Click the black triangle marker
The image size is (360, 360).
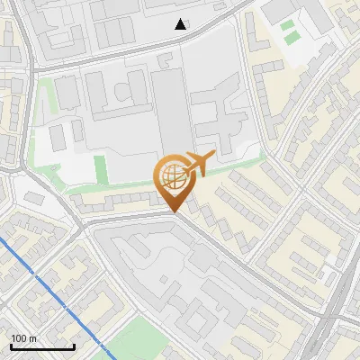181,24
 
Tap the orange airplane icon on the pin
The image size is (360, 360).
196,165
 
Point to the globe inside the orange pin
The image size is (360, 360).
171,173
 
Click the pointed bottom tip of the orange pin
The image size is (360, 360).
174,211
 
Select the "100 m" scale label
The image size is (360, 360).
24,338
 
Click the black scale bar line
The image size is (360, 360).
42,346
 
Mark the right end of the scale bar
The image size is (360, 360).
74,346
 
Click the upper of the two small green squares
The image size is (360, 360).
288,25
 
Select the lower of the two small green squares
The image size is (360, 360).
291,39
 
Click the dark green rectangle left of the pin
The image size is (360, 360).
100,169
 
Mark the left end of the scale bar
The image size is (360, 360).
11,346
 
